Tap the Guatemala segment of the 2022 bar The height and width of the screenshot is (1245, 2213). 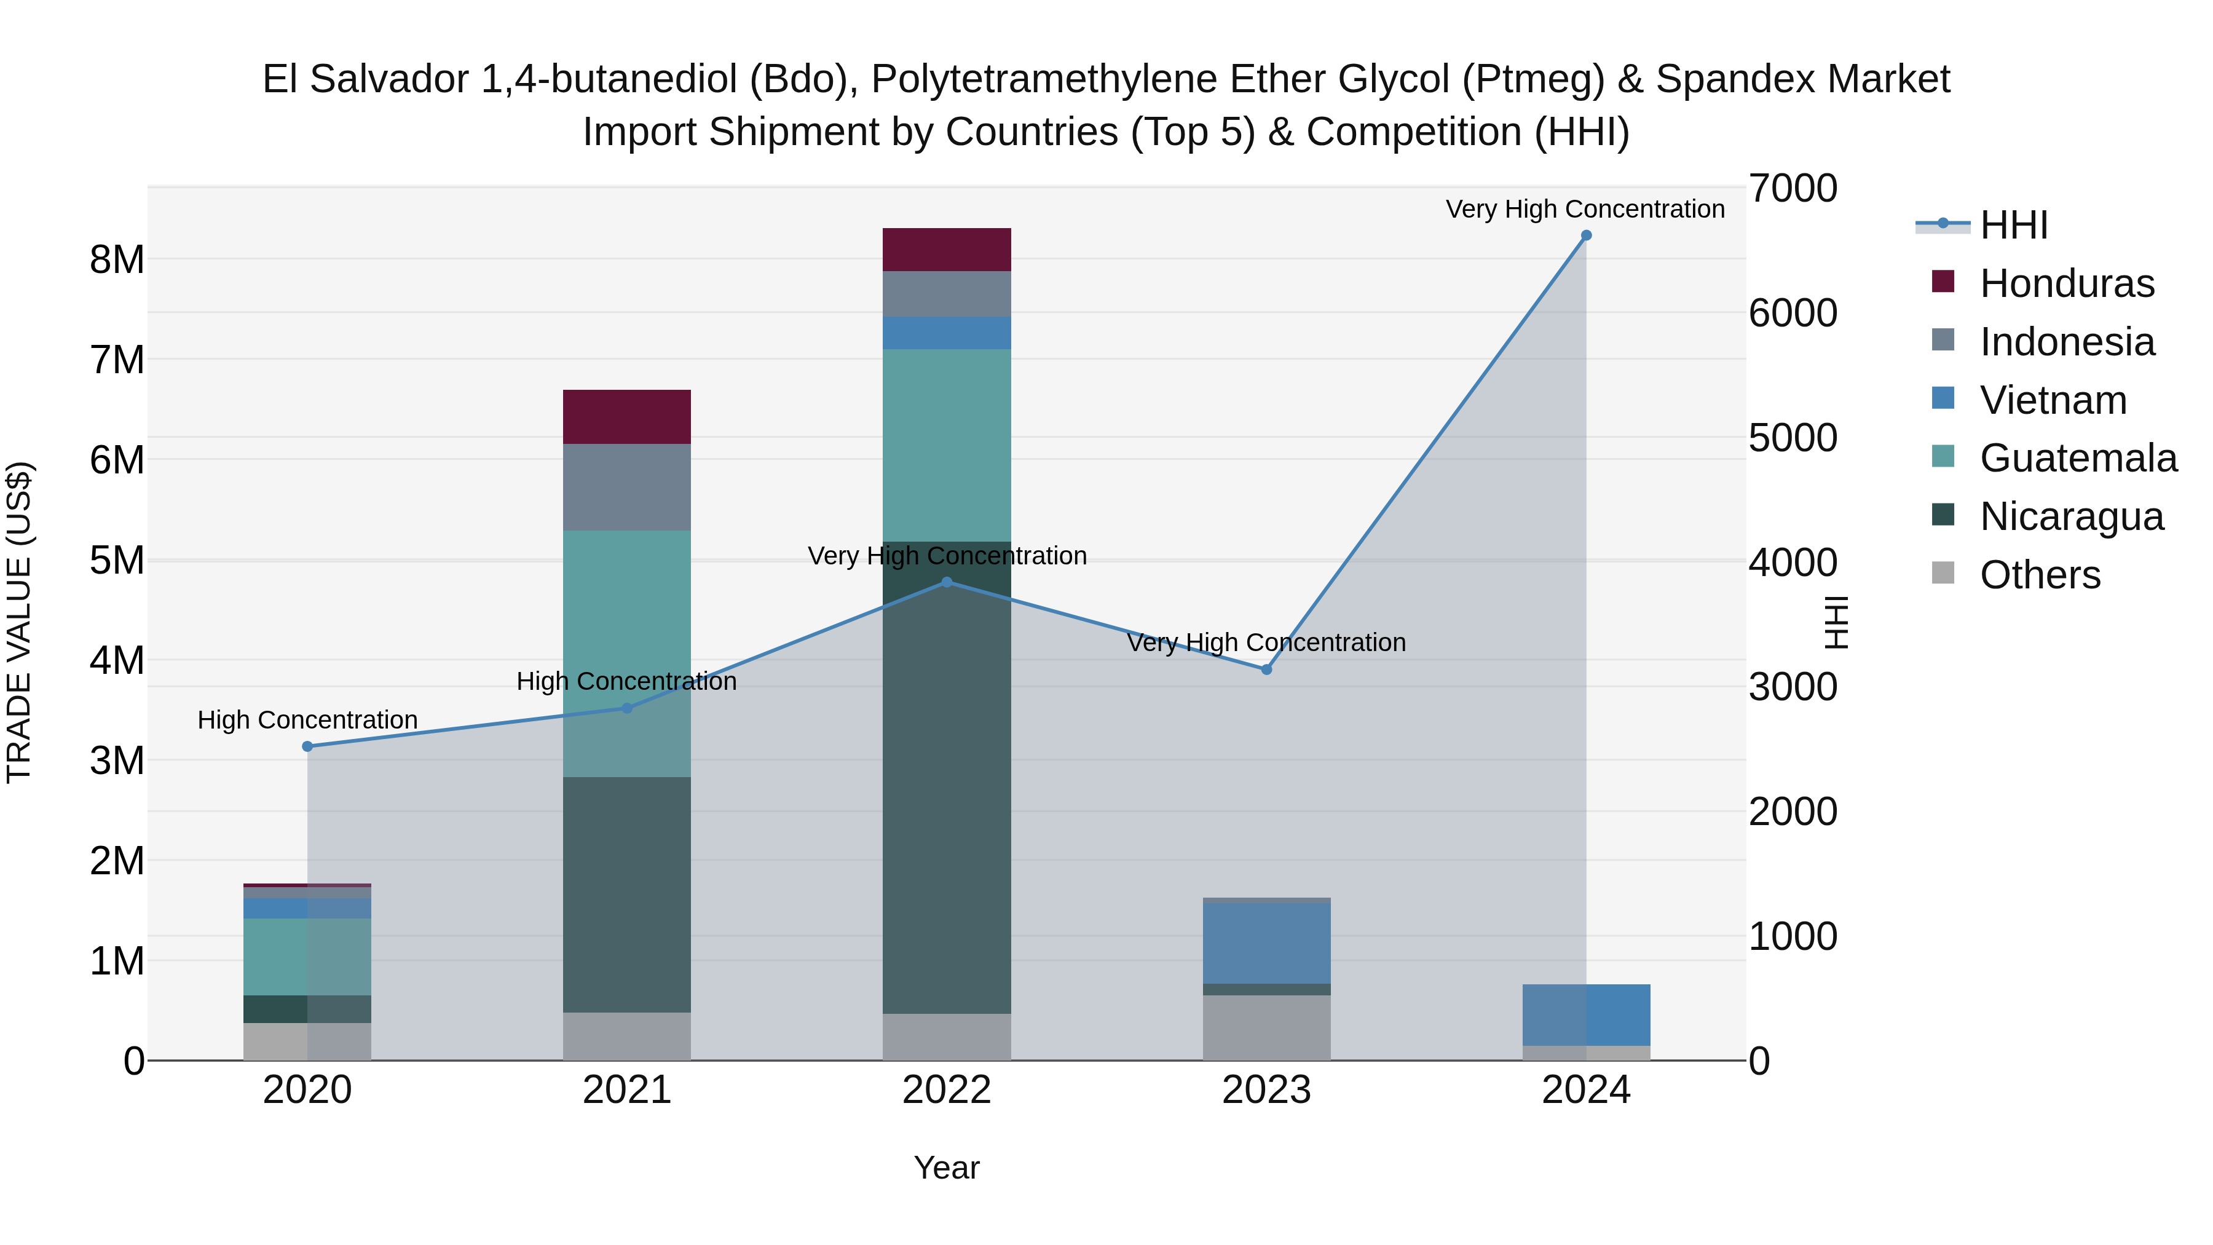point(947,445)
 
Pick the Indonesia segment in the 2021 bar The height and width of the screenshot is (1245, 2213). point(627,487)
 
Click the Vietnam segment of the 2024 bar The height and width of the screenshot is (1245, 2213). point(1586,1014)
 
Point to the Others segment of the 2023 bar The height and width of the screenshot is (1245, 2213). point(1266,1027)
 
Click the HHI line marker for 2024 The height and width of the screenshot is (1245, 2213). point(1586,235)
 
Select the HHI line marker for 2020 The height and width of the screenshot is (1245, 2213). point(307,746)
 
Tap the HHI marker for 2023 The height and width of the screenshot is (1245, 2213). point(1266,670)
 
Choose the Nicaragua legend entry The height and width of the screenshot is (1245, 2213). point(2070,516)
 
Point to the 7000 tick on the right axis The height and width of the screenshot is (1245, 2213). point(1793,188)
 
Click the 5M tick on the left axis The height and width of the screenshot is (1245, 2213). point(117,560)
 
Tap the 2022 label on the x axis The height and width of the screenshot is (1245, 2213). point(947,1090)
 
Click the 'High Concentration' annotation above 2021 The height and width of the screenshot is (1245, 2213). point(627,681)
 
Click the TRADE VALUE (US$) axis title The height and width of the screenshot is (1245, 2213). point(19,622)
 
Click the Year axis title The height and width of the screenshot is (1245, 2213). point(947,1168)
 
